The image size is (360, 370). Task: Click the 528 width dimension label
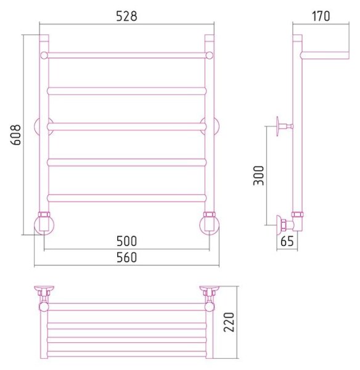127,16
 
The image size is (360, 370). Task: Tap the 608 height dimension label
16,134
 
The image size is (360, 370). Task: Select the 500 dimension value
127,241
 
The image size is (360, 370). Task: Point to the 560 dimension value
127,257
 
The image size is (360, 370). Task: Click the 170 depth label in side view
321,16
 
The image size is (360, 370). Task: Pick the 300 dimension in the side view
258,176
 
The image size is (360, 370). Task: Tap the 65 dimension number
287,241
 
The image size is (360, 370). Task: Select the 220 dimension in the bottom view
229,322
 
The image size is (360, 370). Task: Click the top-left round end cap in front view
44,55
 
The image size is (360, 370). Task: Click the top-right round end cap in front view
210,55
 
